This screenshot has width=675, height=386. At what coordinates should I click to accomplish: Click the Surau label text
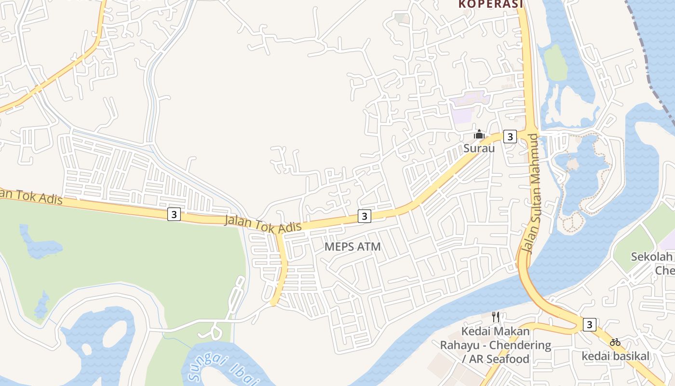click(x=479, y=148)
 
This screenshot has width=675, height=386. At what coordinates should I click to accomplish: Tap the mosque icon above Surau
click(x=479, y=134)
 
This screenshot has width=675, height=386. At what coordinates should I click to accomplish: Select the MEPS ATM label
click(x=352, y=247)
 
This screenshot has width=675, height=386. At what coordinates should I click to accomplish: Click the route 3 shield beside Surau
click(x=510, y=137)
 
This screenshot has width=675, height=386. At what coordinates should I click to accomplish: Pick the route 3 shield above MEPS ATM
click(x=364, y=216)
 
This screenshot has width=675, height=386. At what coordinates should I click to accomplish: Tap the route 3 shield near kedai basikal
click(x=589, y=324)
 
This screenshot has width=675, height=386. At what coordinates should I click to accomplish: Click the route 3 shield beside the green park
click(x=174, y=214)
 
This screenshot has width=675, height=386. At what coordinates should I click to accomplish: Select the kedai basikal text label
click(x=616, y=356)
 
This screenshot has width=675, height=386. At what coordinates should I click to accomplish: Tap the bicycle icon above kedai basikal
click(x=615, y=342)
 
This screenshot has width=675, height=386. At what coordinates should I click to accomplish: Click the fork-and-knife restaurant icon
click(x=495, y=317)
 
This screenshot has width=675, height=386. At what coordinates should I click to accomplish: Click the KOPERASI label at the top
click(x=490, y=4)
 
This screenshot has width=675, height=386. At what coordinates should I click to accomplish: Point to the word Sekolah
click(x=652, y=256)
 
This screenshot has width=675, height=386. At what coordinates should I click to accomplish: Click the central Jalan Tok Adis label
click(x=263, y=223)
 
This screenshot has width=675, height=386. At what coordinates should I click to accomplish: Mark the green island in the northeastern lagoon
click(x=557, y=63)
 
